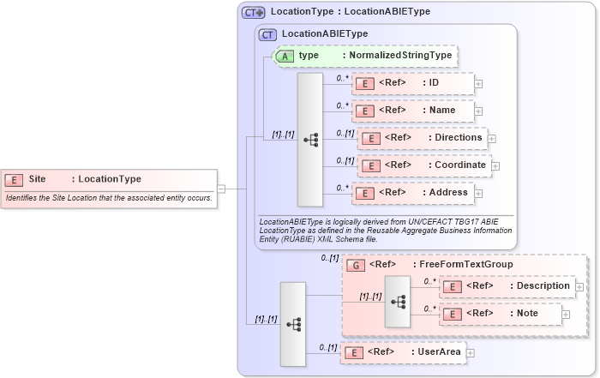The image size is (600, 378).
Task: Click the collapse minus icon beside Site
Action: click(220, 189)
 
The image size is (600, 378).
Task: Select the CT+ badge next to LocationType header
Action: click(254, 12)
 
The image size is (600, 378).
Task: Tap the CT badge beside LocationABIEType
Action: click(267, 34)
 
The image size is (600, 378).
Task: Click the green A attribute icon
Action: click(285, 56)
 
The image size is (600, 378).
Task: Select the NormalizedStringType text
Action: click(397, 56)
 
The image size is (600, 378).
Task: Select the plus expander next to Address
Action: click(478, 193)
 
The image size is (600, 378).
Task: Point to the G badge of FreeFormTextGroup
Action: click(355, 265)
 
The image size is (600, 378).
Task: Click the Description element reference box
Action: click(507, 286)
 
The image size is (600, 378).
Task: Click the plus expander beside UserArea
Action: click(470, 352)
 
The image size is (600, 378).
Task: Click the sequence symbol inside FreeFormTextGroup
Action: click(398, 302)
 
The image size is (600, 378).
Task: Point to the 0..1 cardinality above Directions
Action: click(345, 133)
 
